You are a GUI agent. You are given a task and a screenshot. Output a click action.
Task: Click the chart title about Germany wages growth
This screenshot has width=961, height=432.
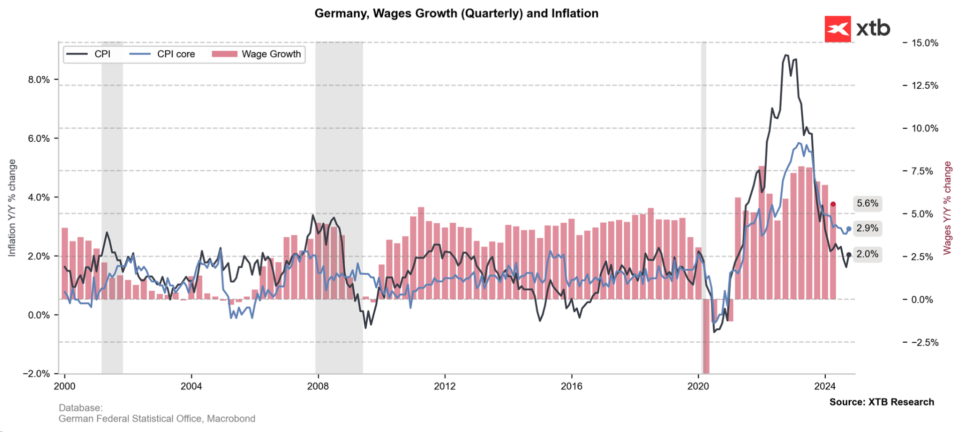coord(456,14)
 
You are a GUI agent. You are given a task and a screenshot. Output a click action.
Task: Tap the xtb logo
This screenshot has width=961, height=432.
coord(857,29)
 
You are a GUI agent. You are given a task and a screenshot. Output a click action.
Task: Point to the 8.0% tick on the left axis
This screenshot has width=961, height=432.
coord(39,80)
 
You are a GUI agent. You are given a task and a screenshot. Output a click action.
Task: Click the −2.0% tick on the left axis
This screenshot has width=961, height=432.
coord(37,374)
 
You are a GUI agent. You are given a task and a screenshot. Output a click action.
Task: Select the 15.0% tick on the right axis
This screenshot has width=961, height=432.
coord(925,43)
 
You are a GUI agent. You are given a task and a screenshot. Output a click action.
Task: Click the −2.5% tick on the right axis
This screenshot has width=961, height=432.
coord(925,343)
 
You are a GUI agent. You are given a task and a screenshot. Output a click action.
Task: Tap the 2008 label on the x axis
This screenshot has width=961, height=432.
coord(318,386)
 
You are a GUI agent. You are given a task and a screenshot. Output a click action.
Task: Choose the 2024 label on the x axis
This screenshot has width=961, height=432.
coord(825,386)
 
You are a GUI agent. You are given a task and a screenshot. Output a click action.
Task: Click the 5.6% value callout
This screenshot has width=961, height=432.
coord(867,203)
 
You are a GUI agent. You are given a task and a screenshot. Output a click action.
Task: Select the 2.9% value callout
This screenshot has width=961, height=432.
coord(867,229)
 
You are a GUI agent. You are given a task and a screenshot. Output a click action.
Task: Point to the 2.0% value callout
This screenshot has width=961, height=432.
coord(867,254)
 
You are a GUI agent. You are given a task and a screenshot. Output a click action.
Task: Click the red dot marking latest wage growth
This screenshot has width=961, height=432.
coord(833,204)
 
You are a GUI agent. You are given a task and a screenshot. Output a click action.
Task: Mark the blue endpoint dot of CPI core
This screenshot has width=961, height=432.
coord(849,229)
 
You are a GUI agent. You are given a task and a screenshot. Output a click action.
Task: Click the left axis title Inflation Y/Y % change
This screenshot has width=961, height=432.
coord(12,208)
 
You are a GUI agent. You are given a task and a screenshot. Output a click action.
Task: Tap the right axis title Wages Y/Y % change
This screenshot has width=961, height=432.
coord(947,208)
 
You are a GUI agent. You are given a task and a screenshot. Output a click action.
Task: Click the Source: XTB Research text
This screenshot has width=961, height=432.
coord(881,402)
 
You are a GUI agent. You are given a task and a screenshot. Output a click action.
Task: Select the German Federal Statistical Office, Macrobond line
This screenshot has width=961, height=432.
coord(157,418)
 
